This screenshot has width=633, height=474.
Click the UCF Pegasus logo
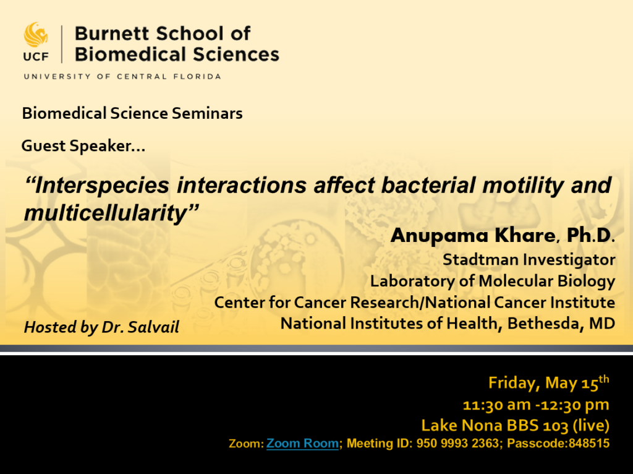[x=35, y=36]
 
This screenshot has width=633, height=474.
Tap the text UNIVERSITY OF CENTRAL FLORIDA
[x=122, y=76]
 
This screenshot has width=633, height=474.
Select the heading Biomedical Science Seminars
[x=132, y=113]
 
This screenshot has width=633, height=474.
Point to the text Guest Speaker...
[x=83, y=146]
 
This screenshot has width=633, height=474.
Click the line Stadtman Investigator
[x=529, y=259]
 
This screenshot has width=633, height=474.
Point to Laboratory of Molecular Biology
[x=492, y=281]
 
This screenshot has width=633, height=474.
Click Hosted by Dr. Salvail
[x=101, y=327]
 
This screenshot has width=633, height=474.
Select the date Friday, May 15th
[x=548, y=383]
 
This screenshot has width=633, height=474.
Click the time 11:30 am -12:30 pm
[x=536, y=405]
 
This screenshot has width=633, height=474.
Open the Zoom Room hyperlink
[x=302, y=443]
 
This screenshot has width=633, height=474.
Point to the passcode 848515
[x=589, y=443]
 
